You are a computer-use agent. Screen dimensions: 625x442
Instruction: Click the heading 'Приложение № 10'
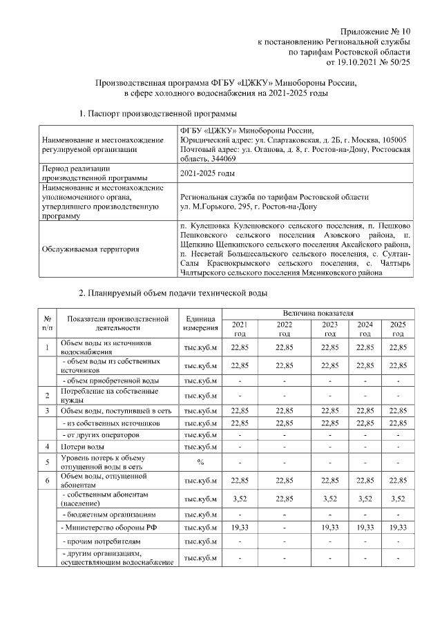coord(376,32)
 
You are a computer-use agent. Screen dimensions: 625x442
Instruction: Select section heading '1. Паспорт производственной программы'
coord(158,112)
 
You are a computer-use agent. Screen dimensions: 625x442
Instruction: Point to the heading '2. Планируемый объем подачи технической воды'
coord(173,294)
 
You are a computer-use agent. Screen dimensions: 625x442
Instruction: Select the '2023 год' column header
coord(330,328)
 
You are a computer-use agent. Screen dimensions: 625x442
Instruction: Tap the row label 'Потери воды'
coord(83,447)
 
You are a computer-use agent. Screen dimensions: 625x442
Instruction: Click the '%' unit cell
coord(201,462)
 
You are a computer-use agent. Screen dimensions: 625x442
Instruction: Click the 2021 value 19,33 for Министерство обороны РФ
coord(240,528)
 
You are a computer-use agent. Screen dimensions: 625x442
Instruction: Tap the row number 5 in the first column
coord(48,462)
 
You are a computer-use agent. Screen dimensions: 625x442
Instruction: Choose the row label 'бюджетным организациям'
coord(104,515)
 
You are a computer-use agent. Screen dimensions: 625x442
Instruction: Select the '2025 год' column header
coord(397,328)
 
